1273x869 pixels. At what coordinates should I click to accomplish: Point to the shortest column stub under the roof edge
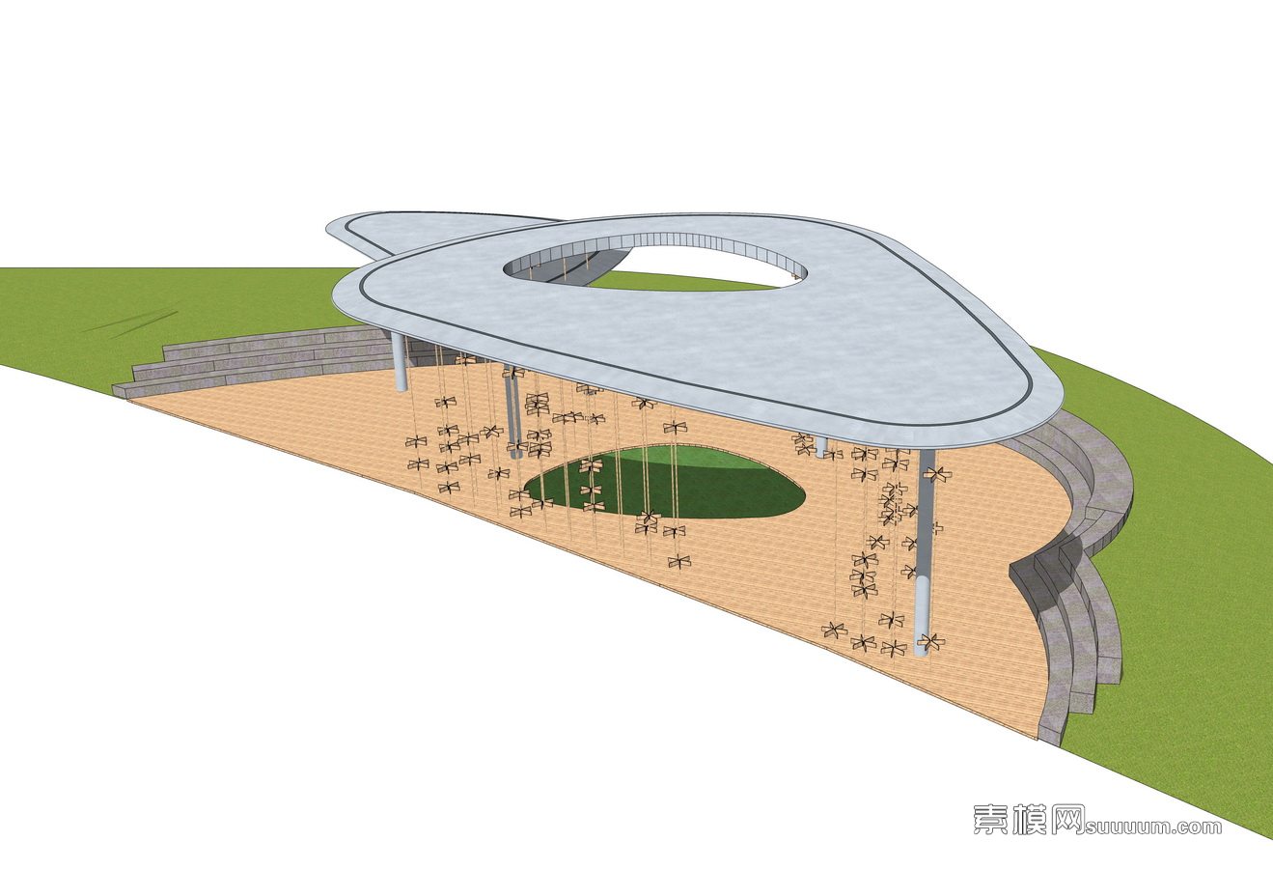click(821, 447)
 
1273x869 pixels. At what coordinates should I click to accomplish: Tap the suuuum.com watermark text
click(1154, 827)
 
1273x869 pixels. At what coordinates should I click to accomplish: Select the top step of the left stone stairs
click(270, 340)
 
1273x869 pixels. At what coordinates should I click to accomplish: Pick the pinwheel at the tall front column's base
click(931, 640)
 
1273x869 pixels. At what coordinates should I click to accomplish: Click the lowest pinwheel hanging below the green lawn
click(679, 559)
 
